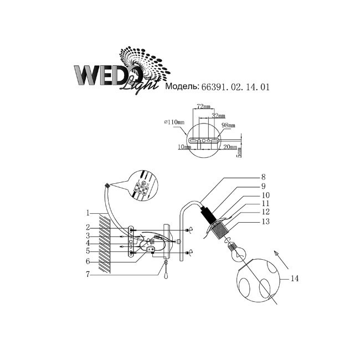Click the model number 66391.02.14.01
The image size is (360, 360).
pos(235,87)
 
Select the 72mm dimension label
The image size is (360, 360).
pos(203,106)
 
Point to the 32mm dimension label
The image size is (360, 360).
pos(218,116)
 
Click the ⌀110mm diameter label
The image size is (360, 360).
pos(174,122)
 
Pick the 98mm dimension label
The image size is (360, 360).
pos(228,125)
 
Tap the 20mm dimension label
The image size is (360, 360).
pos(230,147)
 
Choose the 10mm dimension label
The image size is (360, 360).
pos(184,147)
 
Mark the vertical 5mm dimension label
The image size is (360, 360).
pos(239,152)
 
